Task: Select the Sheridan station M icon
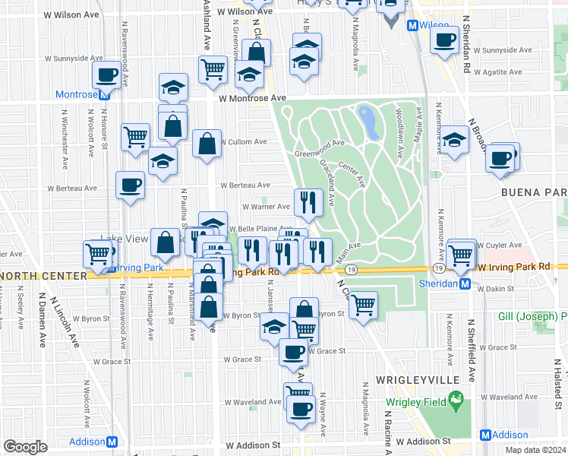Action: [x=465, y=283]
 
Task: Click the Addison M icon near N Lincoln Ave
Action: [x=112, y=442]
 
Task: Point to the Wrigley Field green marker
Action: [x=456, y=398]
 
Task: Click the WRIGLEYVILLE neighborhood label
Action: [x=409, y=378]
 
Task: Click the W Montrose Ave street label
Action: [x=251, y=98]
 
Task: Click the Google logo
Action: [x=25, y=446]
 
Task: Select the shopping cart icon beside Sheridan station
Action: [x=461, y=255]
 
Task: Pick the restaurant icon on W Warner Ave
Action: [x=308, y=202]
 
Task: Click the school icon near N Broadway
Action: [x=454, y=141]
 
